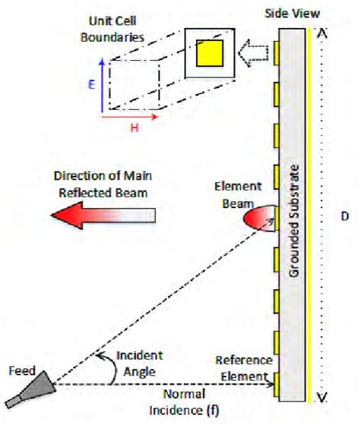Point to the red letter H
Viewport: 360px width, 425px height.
pyautogui.click(x=134, y=129)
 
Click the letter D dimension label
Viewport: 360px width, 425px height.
pyautogui.click(x=344, y=216)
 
